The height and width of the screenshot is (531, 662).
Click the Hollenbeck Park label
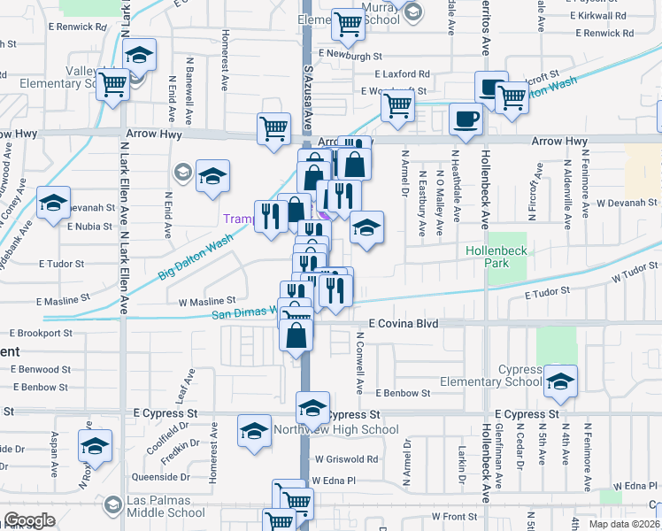497,258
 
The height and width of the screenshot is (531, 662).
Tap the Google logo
29,520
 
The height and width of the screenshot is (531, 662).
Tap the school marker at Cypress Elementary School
560,382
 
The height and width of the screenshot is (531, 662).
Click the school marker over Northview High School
312,409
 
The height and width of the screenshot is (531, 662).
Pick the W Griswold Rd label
344,459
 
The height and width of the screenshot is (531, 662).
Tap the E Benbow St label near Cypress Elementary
402,393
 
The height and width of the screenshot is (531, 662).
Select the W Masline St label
207,302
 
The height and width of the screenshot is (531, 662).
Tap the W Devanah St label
624,203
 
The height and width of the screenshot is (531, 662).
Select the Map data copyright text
624,523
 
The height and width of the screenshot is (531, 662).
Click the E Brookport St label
41,334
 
